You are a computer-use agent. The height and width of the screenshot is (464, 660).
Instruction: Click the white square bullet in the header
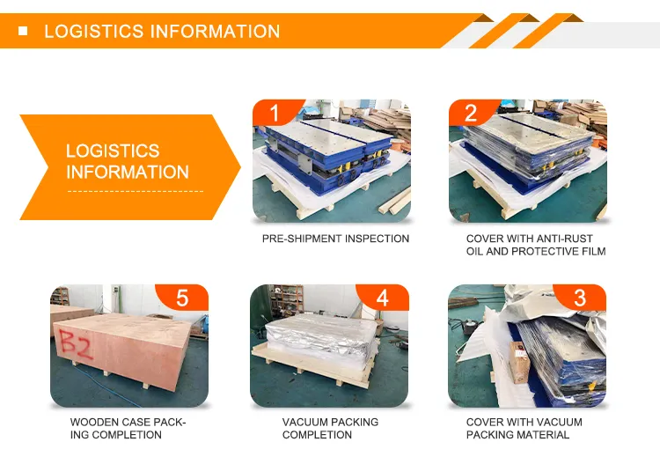point(23,31)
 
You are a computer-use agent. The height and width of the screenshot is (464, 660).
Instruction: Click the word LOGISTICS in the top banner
point(94,32)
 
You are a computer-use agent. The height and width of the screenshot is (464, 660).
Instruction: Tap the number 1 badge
point(275,113)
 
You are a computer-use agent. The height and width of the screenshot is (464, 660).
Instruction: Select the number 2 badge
point(471,113)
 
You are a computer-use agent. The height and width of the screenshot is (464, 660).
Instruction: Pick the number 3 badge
point(580,298)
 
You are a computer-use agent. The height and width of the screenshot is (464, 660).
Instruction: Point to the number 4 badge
point(382,298)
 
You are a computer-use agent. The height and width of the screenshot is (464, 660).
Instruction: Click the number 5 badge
point(182,298)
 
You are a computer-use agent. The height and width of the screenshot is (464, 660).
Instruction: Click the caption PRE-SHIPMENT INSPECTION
point(335,239)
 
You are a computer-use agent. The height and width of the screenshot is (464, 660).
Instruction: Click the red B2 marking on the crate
point(75,344)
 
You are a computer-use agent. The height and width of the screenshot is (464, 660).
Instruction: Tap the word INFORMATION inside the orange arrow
point(128,173)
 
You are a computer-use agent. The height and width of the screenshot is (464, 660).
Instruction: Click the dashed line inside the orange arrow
point(136,192)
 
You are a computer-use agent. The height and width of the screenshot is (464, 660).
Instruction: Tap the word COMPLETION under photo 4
point(317,435)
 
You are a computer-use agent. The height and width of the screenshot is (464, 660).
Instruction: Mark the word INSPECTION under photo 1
point(377,239)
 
